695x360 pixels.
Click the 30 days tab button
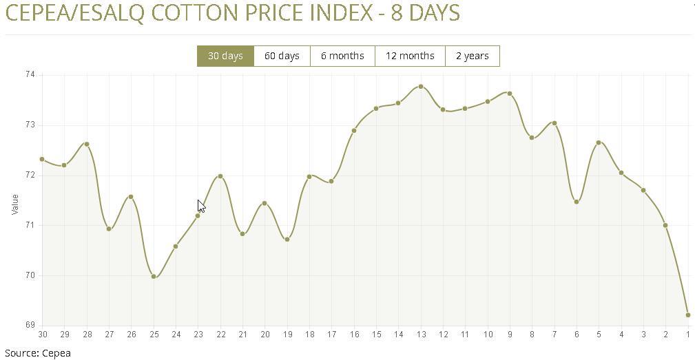tap(225, 56)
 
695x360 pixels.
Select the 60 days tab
tap(282, 56)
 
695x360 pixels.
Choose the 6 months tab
tap(342, 56)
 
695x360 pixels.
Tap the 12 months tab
tap(410, 56)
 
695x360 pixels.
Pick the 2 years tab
tap(472, 56)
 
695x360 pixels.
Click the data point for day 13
tap(421, 87)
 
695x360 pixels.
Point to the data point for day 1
tap(688, 315)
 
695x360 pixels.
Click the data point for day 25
tap(154, 277)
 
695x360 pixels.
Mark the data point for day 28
tap(87, 144)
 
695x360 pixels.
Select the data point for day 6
tap(577, 202)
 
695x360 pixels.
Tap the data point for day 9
tap(510, 94)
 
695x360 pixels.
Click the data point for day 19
tap(287, 240)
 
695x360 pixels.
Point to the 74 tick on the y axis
tap(30, 74)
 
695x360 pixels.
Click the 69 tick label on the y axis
tap(30, 325)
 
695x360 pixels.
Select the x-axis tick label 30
tap(43, 335)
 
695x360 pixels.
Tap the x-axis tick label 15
tap(377, 335)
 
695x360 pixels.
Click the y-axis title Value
tap(15, 204)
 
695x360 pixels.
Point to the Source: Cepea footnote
tap(38, 353)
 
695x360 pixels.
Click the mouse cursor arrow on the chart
tap(200, 206)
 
